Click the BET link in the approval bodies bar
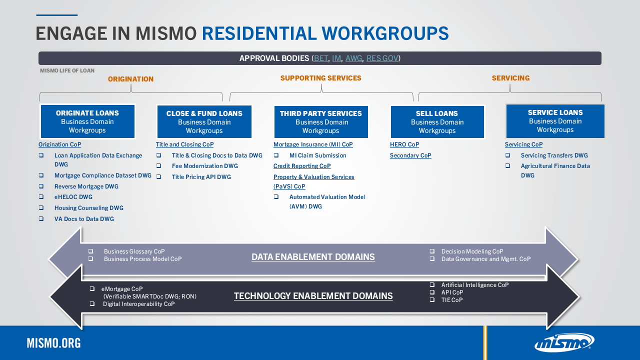[x=321, y=58]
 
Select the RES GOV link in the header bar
[x=382, y=58]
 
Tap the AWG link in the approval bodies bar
[x=353, y=58]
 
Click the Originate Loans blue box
[x=87, y=121]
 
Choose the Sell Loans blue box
[x=437, y=122]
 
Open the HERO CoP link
[x=404, y=144]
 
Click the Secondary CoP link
[x=410, y=155]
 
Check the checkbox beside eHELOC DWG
[x=41, y=197]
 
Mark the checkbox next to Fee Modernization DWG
[x=159, y=166]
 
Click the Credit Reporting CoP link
[x=302, y=166]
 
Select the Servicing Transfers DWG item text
[x=554, y=155]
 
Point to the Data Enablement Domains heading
[x=313, y=257]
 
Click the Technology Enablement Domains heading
[x=313, y=296]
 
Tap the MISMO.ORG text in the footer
[x=53, y=343]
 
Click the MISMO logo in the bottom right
[x=564, y=343]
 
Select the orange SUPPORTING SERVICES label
[x=320, y=78]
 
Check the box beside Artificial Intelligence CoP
[x=432, y=285]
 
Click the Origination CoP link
[x=59, y=144]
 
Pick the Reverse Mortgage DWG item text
[x=86, y=186]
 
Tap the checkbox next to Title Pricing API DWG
[x=159, y=177]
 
